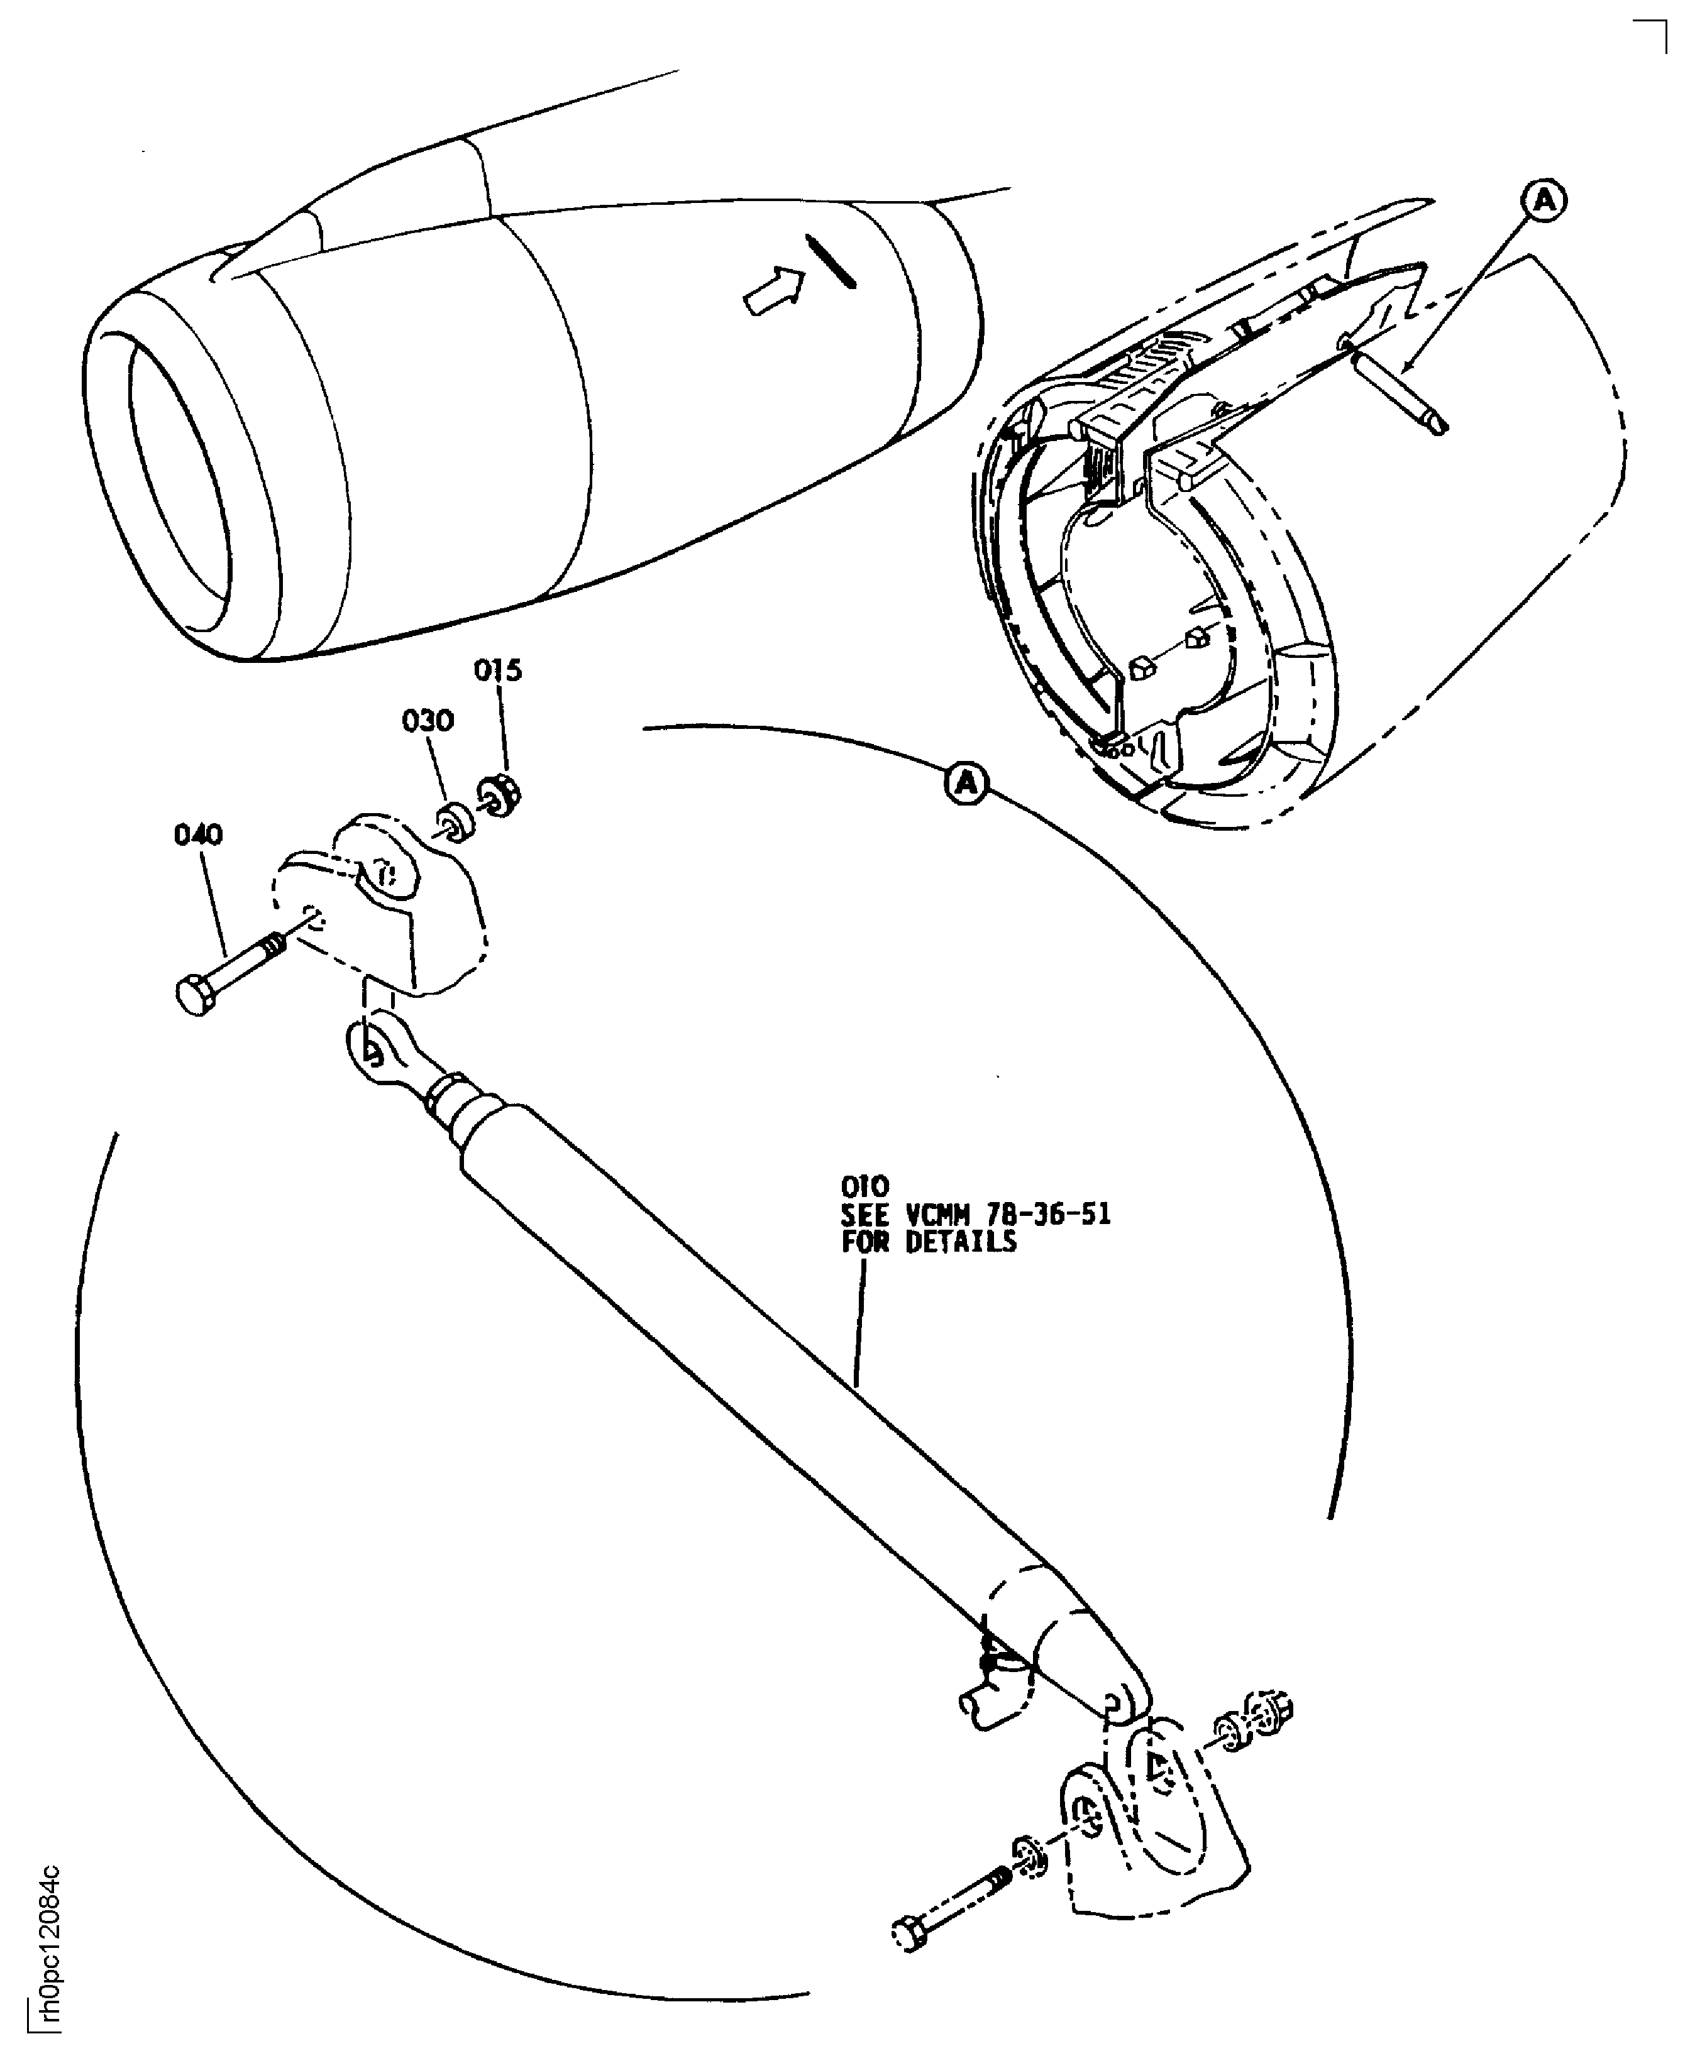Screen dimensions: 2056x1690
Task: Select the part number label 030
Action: click(428, 721)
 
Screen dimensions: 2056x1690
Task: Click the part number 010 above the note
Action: click(864, 1187)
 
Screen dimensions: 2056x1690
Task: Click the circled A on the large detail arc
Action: click(966, 784)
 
